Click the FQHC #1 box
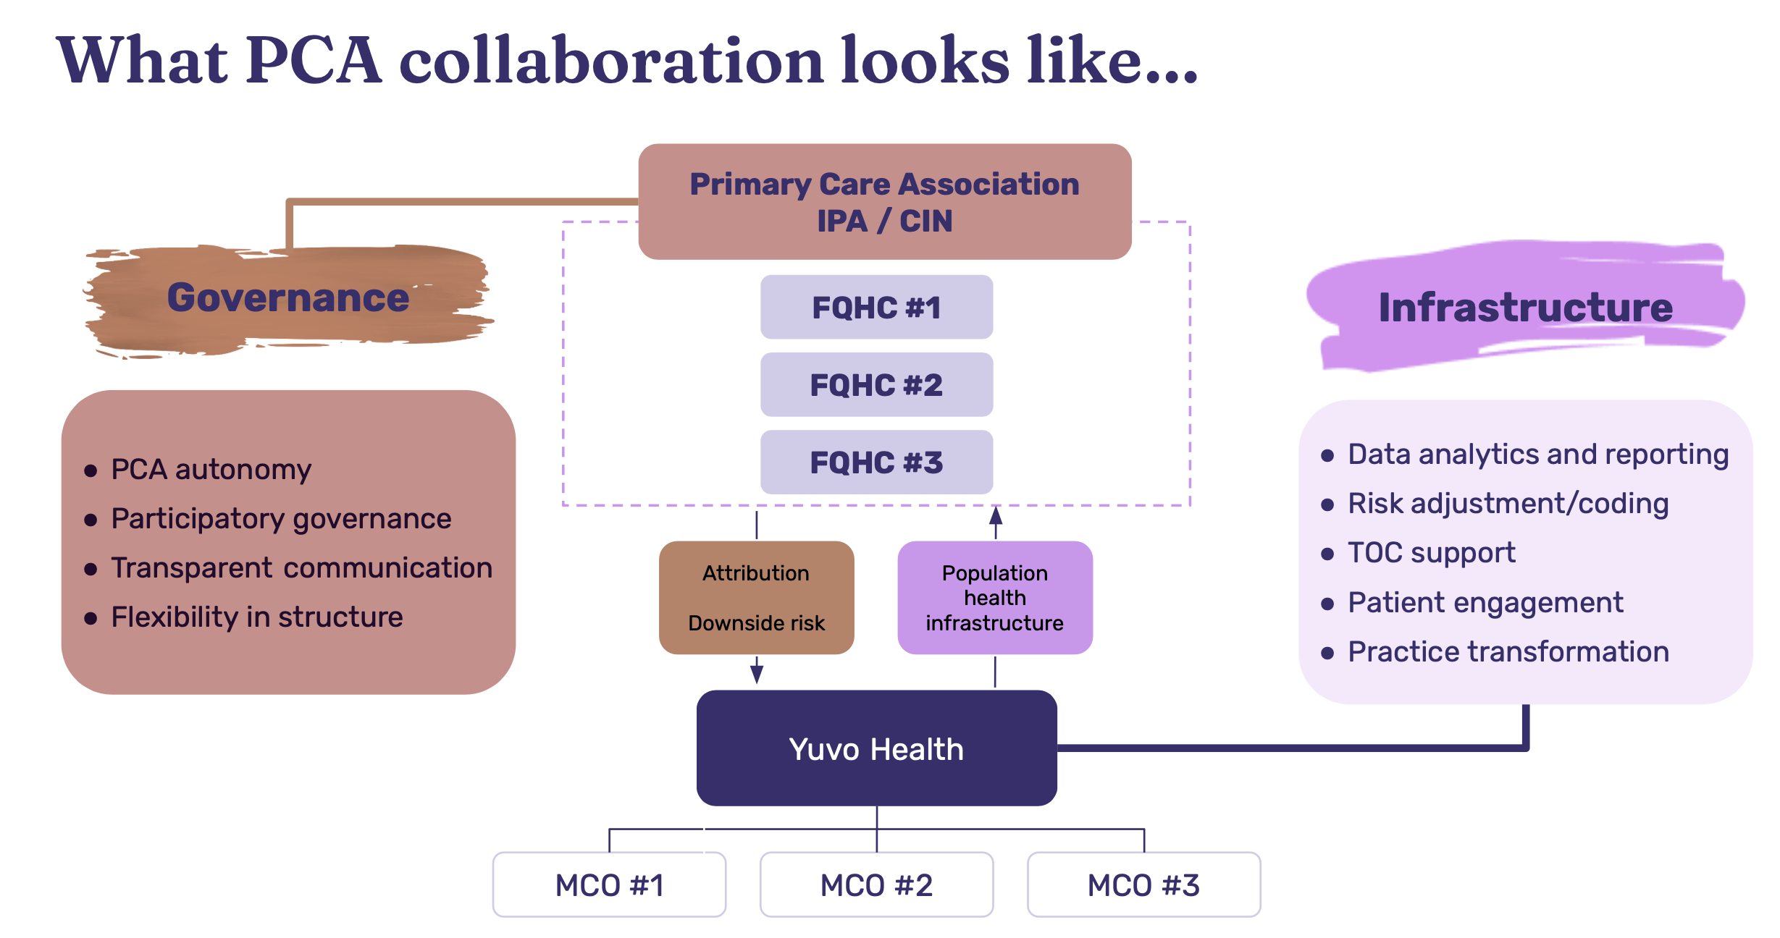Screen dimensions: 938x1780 (x=876, y=307)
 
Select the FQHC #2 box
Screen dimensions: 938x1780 (x=876, y=384)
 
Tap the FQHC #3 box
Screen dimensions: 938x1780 (x=876, y=462)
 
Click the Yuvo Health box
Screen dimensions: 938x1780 (x=876, y=748)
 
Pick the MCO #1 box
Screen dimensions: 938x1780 (x=609, y=884)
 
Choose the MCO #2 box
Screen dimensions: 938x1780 (x=876, y=884)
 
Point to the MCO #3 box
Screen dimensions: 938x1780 (x=1143, y=884)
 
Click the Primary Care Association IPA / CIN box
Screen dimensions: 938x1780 (x=884, y=202)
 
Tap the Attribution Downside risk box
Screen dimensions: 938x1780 (x=756, y=598)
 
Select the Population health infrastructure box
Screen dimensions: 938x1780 (x=994, y=598)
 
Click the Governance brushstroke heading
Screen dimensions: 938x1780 (x=288, y=298)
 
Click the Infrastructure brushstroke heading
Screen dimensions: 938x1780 (x=1525, y=307)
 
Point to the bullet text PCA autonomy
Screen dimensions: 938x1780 (x=211, y=470)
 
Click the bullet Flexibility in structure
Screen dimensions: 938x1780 (x=256, y=617)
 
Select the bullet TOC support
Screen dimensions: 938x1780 (x=1431, y=553)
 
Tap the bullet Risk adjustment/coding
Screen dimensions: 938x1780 (x=1508, y=504)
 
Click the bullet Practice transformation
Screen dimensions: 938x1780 (x=1508, y=652)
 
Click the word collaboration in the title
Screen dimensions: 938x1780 (x=611, y=61)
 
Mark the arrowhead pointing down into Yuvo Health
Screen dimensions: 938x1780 (x=756, y=674)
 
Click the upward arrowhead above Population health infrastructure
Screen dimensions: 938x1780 (x=996, y=516)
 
